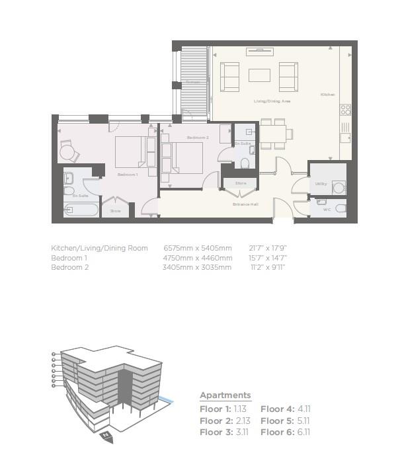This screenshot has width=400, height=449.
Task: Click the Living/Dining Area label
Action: [272, 101]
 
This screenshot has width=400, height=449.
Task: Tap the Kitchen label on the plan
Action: [328, 95]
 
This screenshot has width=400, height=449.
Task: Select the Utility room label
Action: [321, 184]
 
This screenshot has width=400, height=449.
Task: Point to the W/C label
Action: [326, 209]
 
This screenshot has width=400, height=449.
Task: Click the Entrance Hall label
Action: [245, 204]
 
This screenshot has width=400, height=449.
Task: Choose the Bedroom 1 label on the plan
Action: [127, 174]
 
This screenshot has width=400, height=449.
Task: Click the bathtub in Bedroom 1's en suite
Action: [81, 210]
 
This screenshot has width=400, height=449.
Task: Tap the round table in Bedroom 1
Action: [67, 153]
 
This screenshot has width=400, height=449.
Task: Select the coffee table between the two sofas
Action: [259, 75]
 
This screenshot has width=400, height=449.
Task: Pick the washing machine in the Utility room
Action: [339, 188]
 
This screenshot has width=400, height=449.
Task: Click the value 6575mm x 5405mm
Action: [198, 248]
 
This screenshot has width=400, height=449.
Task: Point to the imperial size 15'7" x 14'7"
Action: [268, 258]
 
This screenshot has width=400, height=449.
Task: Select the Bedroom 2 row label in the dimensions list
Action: [69, 267]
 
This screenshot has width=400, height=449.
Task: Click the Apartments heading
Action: [225, 395]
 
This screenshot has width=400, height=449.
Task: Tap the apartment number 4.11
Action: [303, 409]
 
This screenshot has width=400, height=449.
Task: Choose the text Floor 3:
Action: [215, 432]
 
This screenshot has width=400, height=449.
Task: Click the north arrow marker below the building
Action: [106, 435]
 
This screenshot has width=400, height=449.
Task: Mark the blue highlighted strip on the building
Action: [167, 401]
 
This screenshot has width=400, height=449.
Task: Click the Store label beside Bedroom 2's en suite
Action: [240, 183]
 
